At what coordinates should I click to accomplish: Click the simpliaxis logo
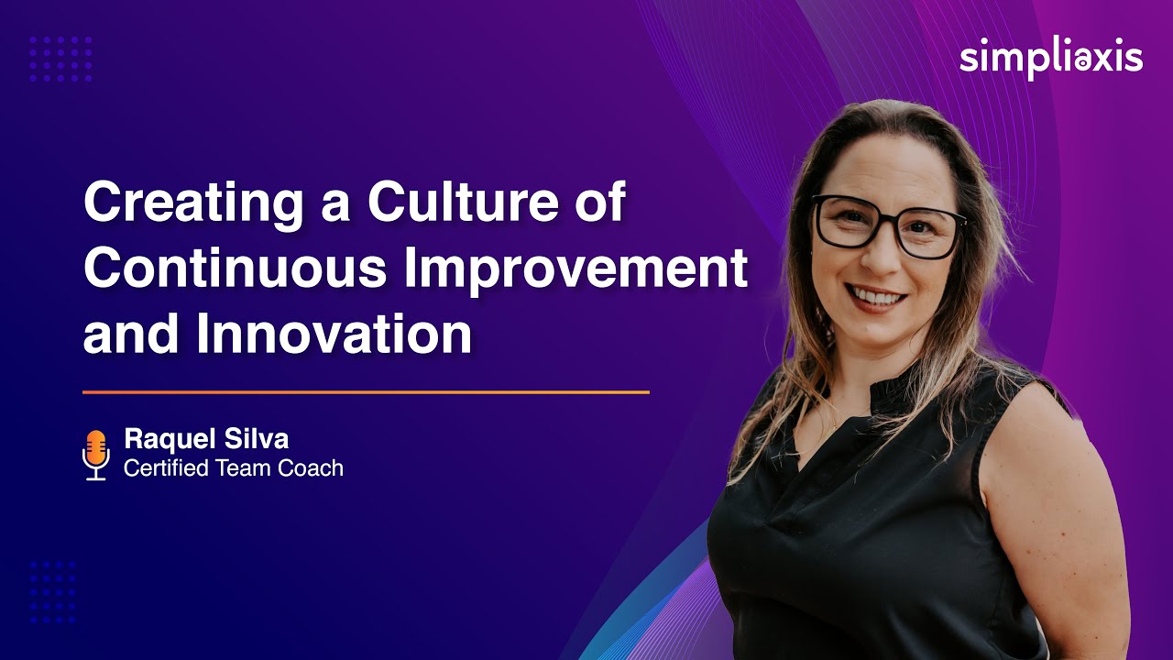[x=1051, y=59]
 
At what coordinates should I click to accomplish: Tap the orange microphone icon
[x=95, y=453]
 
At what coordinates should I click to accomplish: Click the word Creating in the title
[x=194, y=203]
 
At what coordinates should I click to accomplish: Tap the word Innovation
[x=334, y=335]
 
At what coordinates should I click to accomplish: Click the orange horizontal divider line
[x=366, y=392]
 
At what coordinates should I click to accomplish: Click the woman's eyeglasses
[x=887, y=225]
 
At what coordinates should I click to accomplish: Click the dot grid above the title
[x=60, y=60]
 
